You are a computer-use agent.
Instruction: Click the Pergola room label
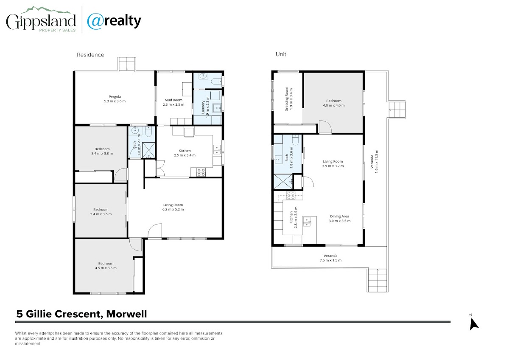pos(115,97)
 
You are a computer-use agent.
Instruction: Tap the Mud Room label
pos(173,100)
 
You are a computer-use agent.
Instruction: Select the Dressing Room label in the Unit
pos(287,99)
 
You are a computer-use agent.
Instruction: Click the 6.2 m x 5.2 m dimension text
pos(173,209)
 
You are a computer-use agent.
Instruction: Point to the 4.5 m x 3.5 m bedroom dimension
pos(106,268)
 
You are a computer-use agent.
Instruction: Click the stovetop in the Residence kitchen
pos(201,172)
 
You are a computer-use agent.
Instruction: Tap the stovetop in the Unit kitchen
pos(291,196)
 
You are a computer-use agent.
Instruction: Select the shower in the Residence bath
pos(149,150)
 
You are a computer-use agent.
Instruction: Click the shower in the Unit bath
pos(283,181)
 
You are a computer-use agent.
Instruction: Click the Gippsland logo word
pos(41,21)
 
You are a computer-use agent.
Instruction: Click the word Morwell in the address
pos(126,314)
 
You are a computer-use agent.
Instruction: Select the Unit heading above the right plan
pos(281,54)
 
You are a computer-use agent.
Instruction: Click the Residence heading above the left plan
pos(90,55)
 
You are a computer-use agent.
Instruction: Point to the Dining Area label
pos(339,216)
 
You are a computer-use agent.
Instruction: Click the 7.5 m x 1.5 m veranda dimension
pos(330,260)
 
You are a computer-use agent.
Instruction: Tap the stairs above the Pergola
pos(127,64)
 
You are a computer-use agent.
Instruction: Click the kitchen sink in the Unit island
pos(307,222)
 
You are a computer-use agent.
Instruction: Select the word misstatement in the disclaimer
pos(28,343)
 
